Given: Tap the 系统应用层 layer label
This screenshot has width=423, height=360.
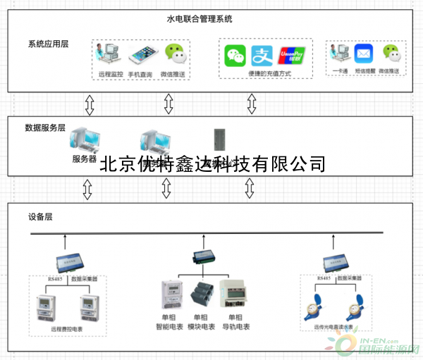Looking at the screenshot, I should [x=48, y=44].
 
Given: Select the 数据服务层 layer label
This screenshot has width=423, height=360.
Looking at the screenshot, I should [x=45, y=128].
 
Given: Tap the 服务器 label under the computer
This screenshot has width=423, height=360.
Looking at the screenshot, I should [x=85, y=159].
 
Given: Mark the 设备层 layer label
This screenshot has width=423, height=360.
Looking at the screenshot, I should [x=40, y=216].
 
